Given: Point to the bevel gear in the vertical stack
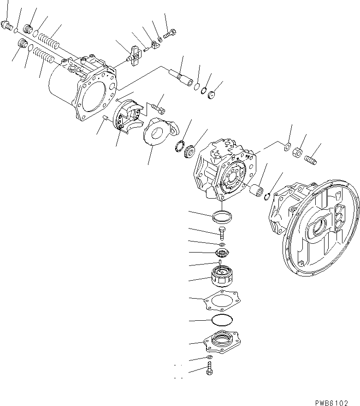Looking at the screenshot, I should pyautogui.click(x=222, y=253).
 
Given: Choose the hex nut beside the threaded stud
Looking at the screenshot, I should pyautogui.click(x=298, y=152).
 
